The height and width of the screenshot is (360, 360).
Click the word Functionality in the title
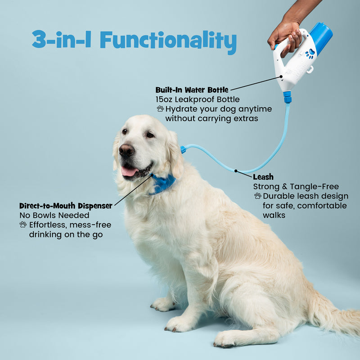click(168, 40)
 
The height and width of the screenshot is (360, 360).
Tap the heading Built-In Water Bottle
click(192, 90)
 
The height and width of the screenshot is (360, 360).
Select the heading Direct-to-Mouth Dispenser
click(66, 206)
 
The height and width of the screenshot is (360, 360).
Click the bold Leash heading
click(263, 177)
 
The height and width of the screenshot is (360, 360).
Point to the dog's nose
click(126, 150)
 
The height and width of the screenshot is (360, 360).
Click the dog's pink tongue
click(129, 171)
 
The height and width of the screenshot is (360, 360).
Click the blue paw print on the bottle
click(310, 54)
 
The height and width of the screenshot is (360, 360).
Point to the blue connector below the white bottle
click(287, 97)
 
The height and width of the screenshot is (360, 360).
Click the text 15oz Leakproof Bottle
click(198, 99)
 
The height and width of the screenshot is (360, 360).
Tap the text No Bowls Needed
click(54, 216)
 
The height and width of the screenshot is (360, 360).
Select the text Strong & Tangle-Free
click(296, 186)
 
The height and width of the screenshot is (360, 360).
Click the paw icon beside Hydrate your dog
click(160, 108)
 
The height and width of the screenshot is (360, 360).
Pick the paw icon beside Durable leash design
click(257, 196)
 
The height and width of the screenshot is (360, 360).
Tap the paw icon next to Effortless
click(23, 224)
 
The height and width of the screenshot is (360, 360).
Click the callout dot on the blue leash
click(235, 171)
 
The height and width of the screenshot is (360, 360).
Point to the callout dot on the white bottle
click(281, 76)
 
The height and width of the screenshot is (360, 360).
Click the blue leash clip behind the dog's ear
click(183, 149)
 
